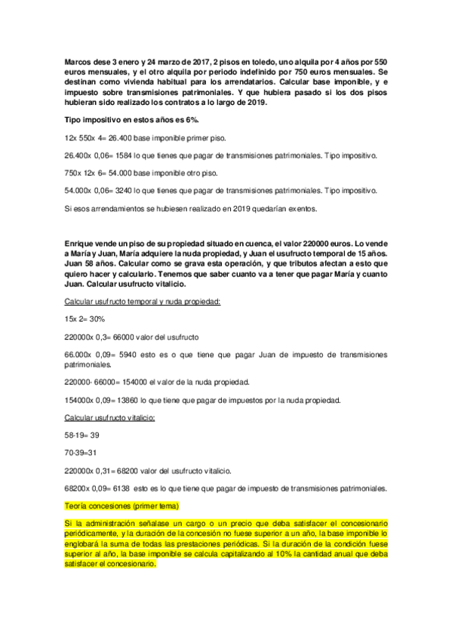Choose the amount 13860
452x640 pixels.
coord(128,399)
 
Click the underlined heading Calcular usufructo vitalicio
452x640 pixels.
coord(109,417)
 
